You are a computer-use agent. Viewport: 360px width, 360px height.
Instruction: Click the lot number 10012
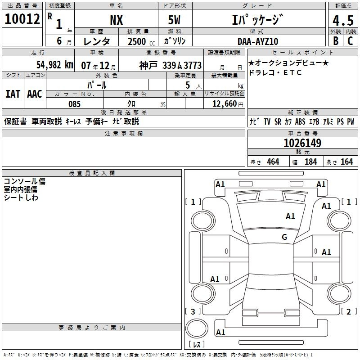(x=22, y=19)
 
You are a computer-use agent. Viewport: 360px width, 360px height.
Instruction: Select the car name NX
(x=117, y=20)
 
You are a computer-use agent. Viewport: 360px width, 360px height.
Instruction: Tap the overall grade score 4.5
(x=343, y=20)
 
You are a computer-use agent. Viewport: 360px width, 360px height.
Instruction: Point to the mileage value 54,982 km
(x=55, y=65)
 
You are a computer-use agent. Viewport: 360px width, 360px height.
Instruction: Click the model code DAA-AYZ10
(x=258, y=41)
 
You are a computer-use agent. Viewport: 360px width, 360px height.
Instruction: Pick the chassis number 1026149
(x=302, y=143)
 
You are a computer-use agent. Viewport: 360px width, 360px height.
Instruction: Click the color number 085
(x=74, y=104)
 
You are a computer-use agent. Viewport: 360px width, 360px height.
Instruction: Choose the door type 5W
(x=174, y=20)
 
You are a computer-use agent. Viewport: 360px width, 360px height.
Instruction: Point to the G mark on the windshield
(x=284, y=237)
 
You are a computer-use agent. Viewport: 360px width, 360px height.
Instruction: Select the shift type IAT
(x=13, y=94)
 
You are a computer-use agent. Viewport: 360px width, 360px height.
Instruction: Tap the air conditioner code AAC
(x=35, y=94)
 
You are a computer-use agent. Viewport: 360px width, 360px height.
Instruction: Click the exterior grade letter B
(x=336, y=41)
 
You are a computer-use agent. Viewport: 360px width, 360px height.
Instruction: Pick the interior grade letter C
(x=350, y=41)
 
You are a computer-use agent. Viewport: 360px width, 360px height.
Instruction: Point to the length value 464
(x=273, y=162)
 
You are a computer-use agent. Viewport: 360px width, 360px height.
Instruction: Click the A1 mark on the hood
(x=290, y=216)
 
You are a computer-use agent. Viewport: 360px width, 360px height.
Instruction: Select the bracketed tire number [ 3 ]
(x=193, y=311)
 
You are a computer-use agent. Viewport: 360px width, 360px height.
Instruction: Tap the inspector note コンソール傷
(x=25, y=181)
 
